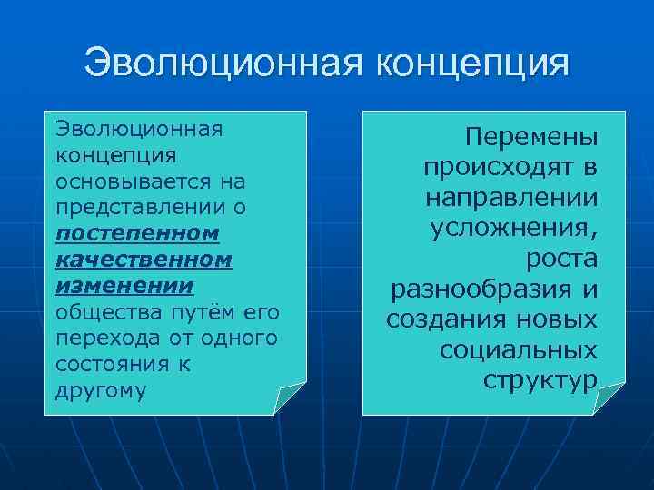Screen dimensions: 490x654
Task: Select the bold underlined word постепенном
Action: (x=137, y=233)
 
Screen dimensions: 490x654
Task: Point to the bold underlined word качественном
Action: (x=144, y=260)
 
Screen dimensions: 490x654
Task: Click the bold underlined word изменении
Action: (x=124, y=286)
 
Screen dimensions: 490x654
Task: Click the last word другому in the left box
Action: (x=100, y=390)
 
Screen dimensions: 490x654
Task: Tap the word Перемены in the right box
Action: (x=531, y=138)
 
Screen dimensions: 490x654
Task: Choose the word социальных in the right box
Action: (x=518, y=349)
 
